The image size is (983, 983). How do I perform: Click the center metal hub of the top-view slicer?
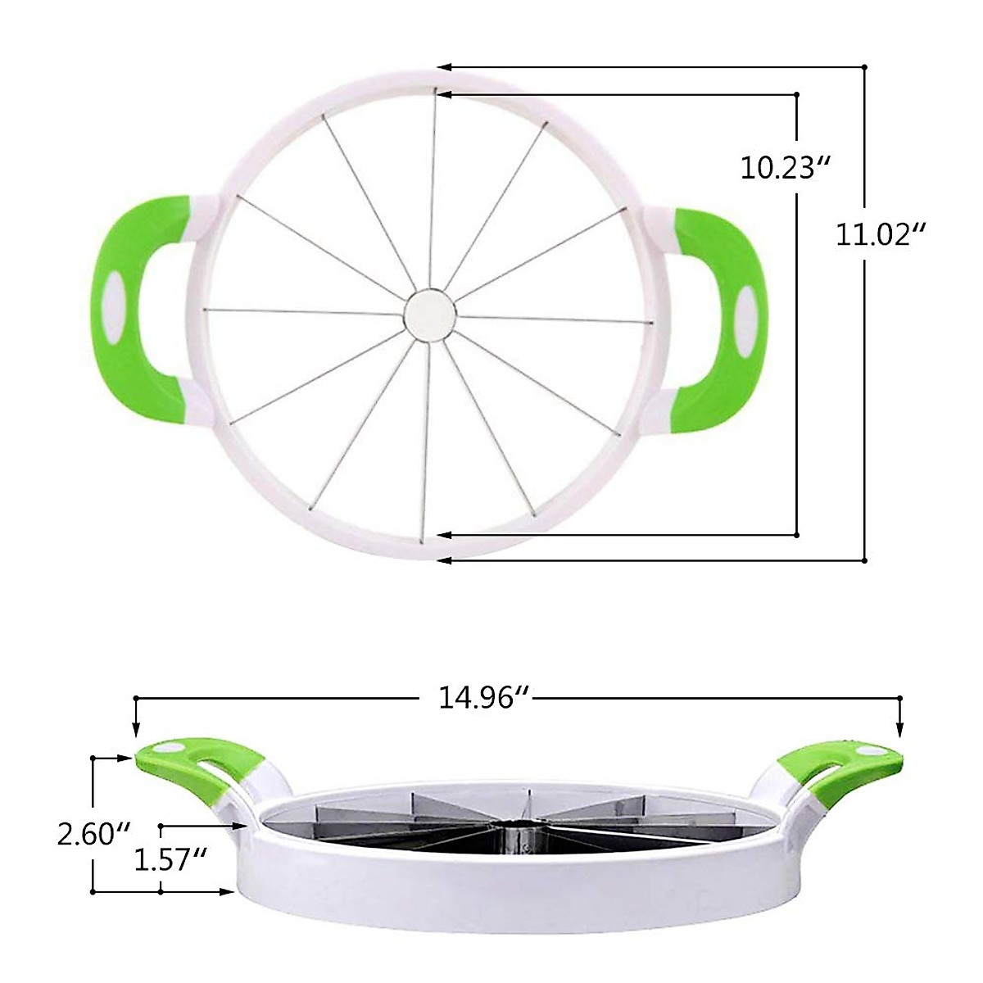[x=431, y=314]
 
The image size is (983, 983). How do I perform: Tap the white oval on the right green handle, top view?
[x=746, y=312]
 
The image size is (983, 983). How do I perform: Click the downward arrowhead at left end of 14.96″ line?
[x=136, y=731]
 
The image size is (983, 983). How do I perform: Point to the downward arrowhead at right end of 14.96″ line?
[x=899, y=731]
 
